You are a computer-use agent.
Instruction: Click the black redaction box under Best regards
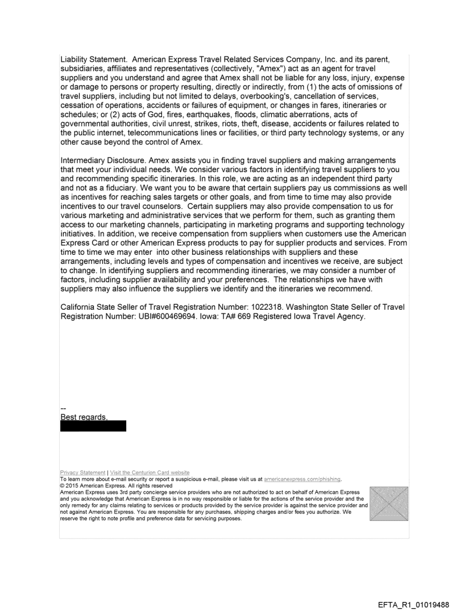(93, 426)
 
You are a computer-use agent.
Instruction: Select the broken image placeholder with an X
(388, 504)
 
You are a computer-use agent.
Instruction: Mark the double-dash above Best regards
(63, 409)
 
